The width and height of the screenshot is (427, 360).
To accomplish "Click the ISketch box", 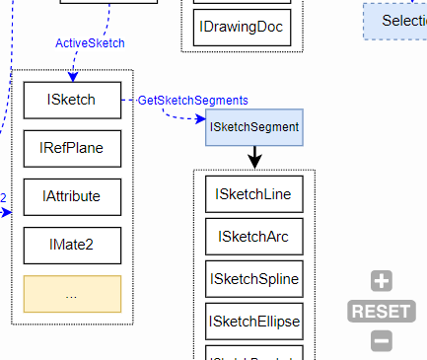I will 72,100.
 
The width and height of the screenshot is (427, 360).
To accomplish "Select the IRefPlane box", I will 72,148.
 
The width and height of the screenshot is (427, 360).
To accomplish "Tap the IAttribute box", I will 72,196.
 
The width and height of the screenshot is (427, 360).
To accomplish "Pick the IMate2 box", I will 72,245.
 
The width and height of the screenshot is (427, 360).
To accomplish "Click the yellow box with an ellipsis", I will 72,293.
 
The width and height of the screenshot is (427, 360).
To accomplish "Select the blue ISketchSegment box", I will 254,127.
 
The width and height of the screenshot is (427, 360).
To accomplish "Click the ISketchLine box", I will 253,194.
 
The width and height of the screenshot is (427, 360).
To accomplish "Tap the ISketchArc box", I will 253,237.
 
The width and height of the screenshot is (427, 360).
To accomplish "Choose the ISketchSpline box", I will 253,279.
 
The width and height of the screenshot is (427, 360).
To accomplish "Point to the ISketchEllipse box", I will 253,322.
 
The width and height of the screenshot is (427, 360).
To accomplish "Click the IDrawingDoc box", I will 241,27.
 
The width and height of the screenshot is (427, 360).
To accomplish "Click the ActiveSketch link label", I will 90,42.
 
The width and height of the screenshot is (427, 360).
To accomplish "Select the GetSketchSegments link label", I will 192,101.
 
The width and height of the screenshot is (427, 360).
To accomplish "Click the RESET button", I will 381,312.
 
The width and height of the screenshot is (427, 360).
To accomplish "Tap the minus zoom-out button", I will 382,341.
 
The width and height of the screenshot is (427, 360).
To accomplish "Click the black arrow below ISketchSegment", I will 254,158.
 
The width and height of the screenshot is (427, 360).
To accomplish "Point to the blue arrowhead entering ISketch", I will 73,76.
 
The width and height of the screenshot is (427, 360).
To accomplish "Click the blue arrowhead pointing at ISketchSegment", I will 199,119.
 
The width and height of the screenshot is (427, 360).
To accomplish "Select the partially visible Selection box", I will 394,20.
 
